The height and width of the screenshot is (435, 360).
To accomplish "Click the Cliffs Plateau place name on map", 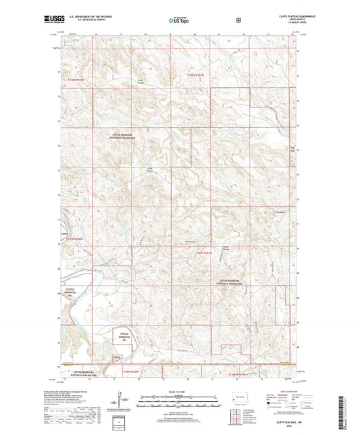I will pyautogui.click(x=147, y=170).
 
